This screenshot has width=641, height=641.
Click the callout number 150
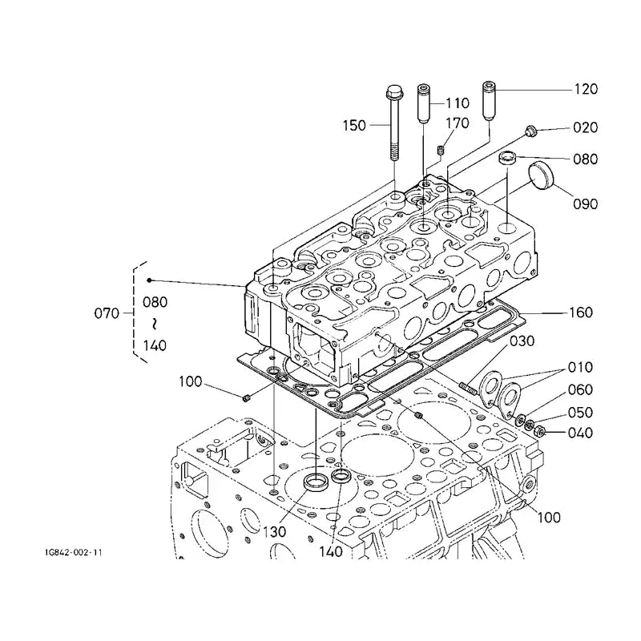(353, 126)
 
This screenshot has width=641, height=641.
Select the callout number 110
(457, 103)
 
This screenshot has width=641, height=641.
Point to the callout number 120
(586, 90)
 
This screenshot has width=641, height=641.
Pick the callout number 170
(457, 123)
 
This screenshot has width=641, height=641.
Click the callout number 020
(586, 128)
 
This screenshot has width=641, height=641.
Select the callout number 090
(586, 204)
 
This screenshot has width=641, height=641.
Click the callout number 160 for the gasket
(581, 313)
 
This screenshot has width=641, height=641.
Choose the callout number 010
(581, 368)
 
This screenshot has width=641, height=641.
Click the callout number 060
(581, 390)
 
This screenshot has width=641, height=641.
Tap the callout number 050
(581, 413)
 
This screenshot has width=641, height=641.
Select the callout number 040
(581, 434)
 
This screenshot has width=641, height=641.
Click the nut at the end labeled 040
(540, 433)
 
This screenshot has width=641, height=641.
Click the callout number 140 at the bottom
(330, 552)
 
